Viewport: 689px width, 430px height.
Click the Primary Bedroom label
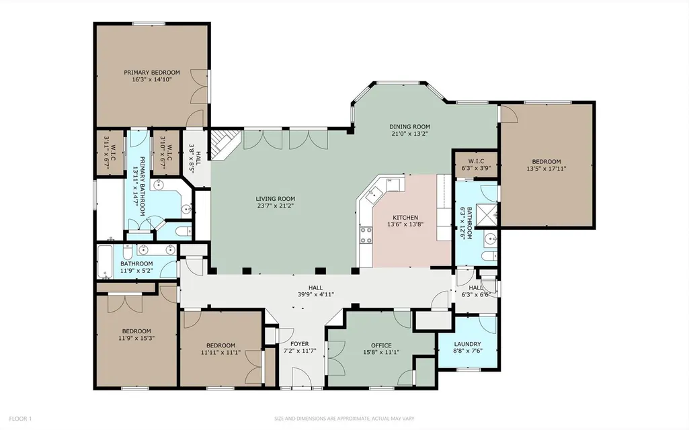[x=152, y=73]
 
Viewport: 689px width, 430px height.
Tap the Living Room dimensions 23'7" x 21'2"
[x=276, y=206]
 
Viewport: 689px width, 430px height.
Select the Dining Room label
[x=409, y=126]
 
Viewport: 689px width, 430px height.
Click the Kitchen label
[x=405, y=218]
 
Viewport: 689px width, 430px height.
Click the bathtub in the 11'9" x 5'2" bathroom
[x=105, y=261]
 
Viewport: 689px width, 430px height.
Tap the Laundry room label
[x=468, y=344]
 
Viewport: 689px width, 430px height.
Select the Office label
[x=381, y=345]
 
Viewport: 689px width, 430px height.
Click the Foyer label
[x=300, y=343]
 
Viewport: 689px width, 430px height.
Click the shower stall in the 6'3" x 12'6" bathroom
[x=488, y=214]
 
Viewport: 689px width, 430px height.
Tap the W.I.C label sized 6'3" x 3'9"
[x=476, y=161]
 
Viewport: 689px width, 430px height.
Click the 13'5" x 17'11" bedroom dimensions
[x=546, y=168]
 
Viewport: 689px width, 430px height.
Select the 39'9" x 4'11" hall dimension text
[x=315, y=294]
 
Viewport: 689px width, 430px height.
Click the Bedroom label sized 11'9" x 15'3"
[x=136, y=331]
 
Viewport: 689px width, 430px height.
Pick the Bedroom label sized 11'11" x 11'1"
[x=220, y=345]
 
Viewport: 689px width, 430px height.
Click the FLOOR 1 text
[x=20, y=419]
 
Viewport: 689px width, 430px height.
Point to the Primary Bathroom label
[x=143, y=186]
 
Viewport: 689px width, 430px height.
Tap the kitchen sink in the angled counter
[x=374, y=193]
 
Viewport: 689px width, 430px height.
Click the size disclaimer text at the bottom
[x=344, y=419]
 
